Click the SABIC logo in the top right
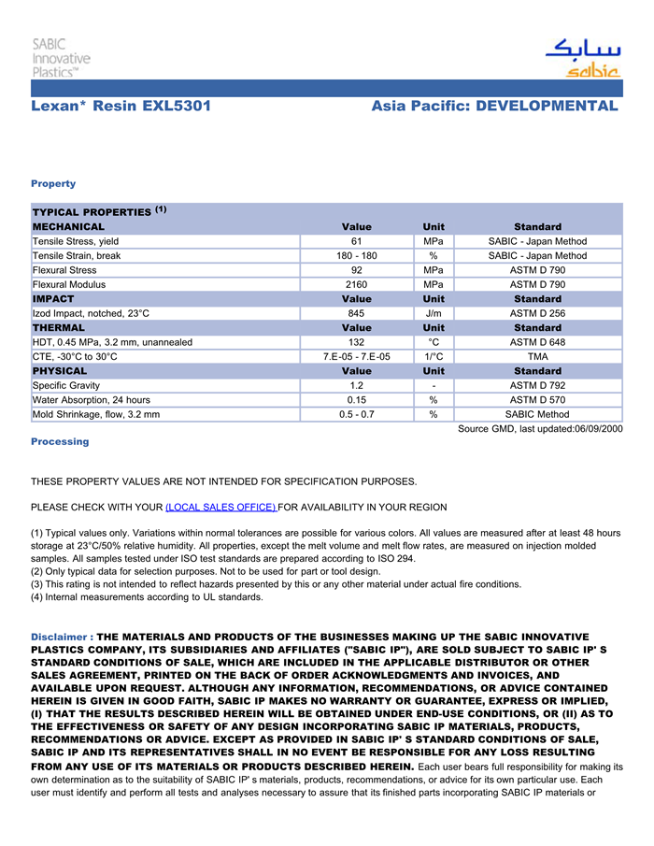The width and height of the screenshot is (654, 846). click(582, 57)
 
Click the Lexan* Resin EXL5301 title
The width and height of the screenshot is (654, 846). click(121, 106)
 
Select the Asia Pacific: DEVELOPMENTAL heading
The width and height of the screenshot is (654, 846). click(494, 106)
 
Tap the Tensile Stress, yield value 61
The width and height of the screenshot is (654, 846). click(357, 241)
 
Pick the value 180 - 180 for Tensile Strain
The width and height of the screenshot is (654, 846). click(357, 256)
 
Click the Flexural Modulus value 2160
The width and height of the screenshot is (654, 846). click(357, 284)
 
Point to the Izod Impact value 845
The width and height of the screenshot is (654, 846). click(357, 313)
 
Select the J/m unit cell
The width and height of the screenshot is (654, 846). click(434, 313)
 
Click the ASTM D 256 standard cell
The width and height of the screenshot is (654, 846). click(537, 313)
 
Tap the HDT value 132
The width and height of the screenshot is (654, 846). click(357, 342)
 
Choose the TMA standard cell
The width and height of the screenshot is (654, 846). click(537, 356)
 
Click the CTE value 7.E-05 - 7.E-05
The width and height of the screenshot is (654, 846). click(357, 356)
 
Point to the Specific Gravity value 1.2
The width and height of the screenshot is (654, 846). click(357, 385)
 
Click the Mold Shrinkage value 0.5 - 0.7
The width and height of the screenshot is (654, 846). click(357, 414)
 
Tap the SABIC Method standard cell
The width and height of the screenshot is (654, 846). click(537, 414)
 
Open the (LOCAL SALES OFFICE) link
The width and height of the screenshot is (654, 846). click(220, 507)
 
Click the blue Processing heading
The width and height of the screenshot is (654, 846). click(60, 441)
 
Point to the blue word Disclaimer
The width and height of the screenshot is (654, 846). click(61, 637)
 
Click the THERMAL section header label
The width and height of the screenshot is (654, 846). click(59, 328)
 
